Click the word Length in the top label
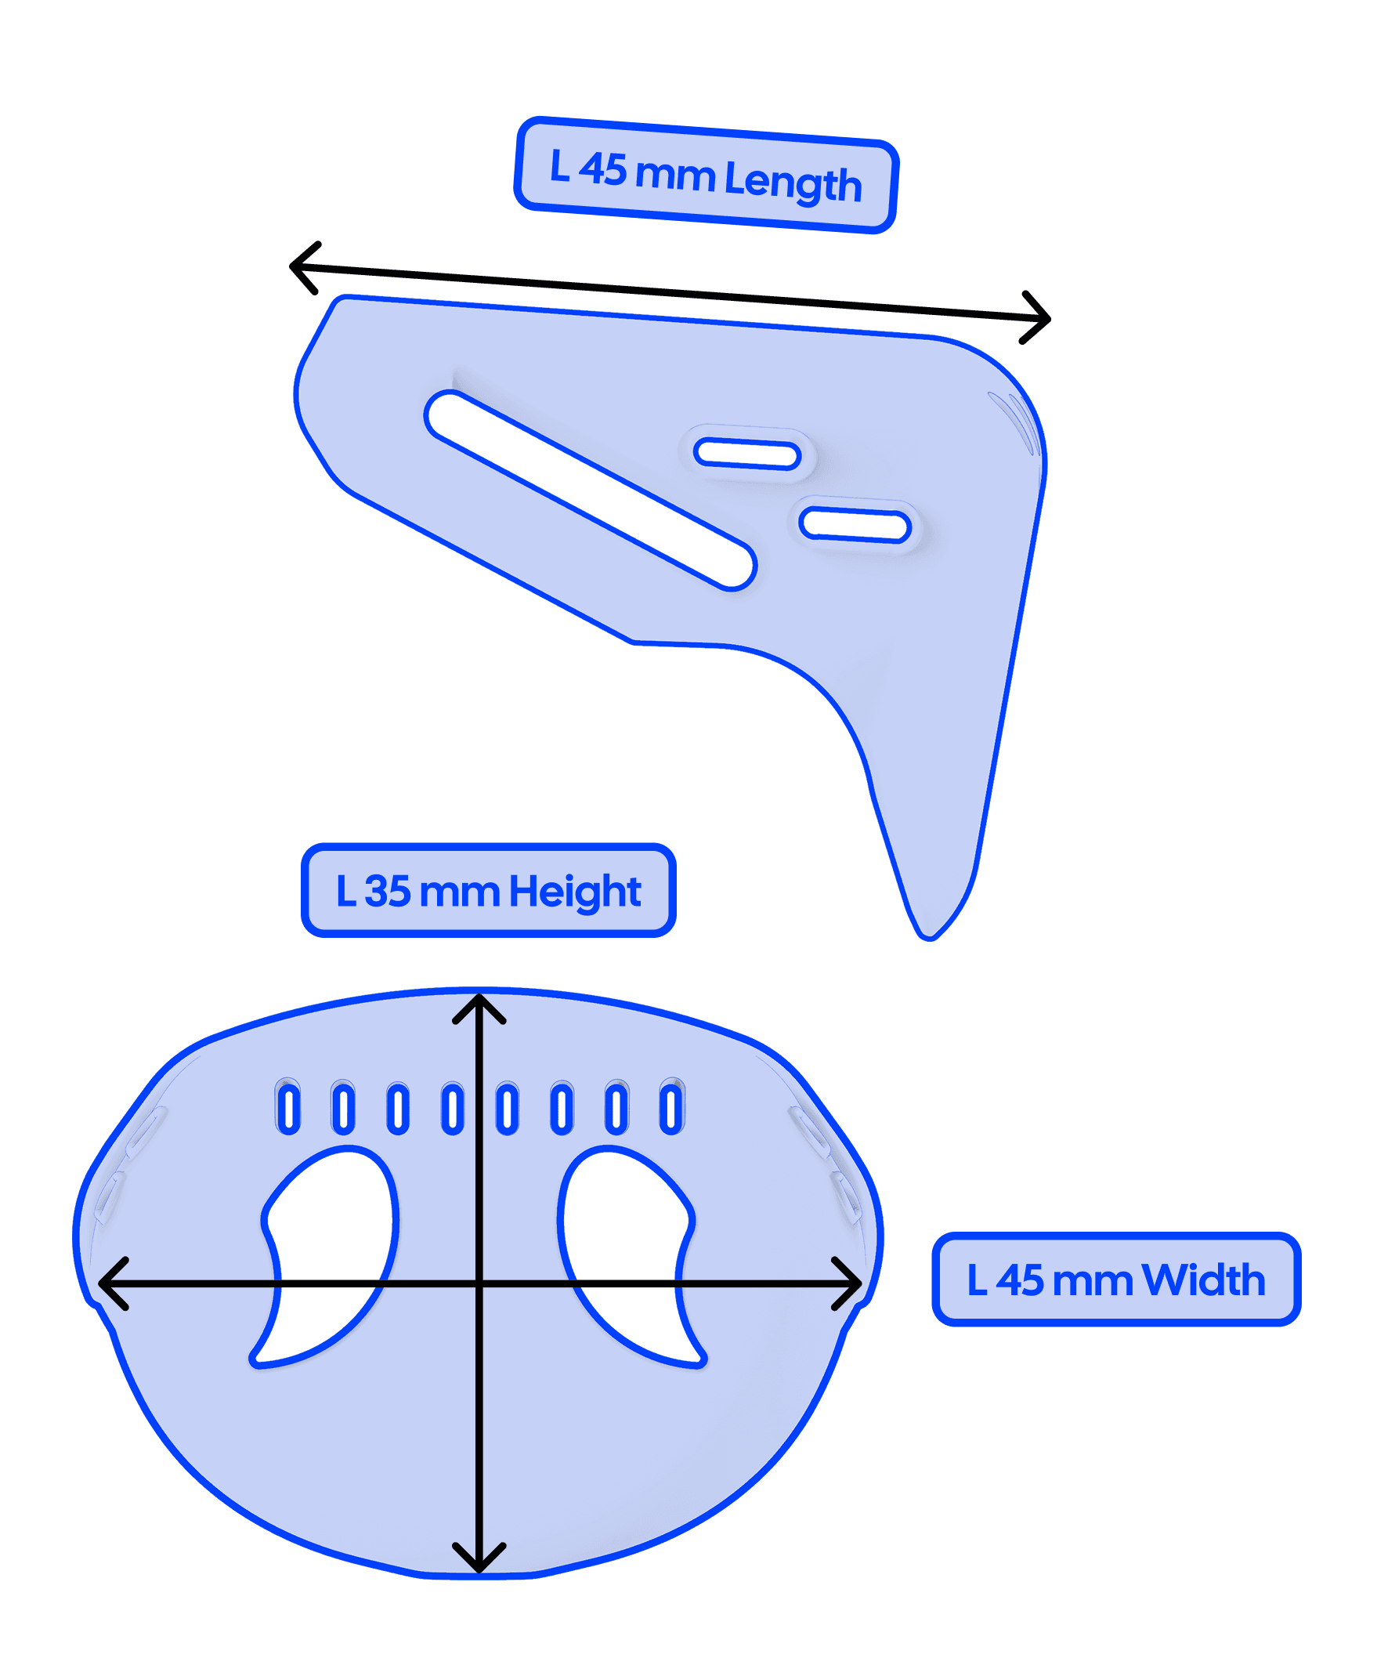[x=792, y=181]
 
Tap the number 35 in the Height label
[x=387, y=891]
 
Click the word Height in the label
[x=575, y=891]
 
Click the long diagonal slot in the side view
[x=591, y=490]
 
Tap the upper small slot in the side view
[x=746, y=454]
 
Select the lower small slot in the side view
[x=855, y=525]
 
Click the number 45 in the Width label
[x=1020, y=1280]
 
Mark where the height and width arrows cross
[x=479, y=1283]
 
